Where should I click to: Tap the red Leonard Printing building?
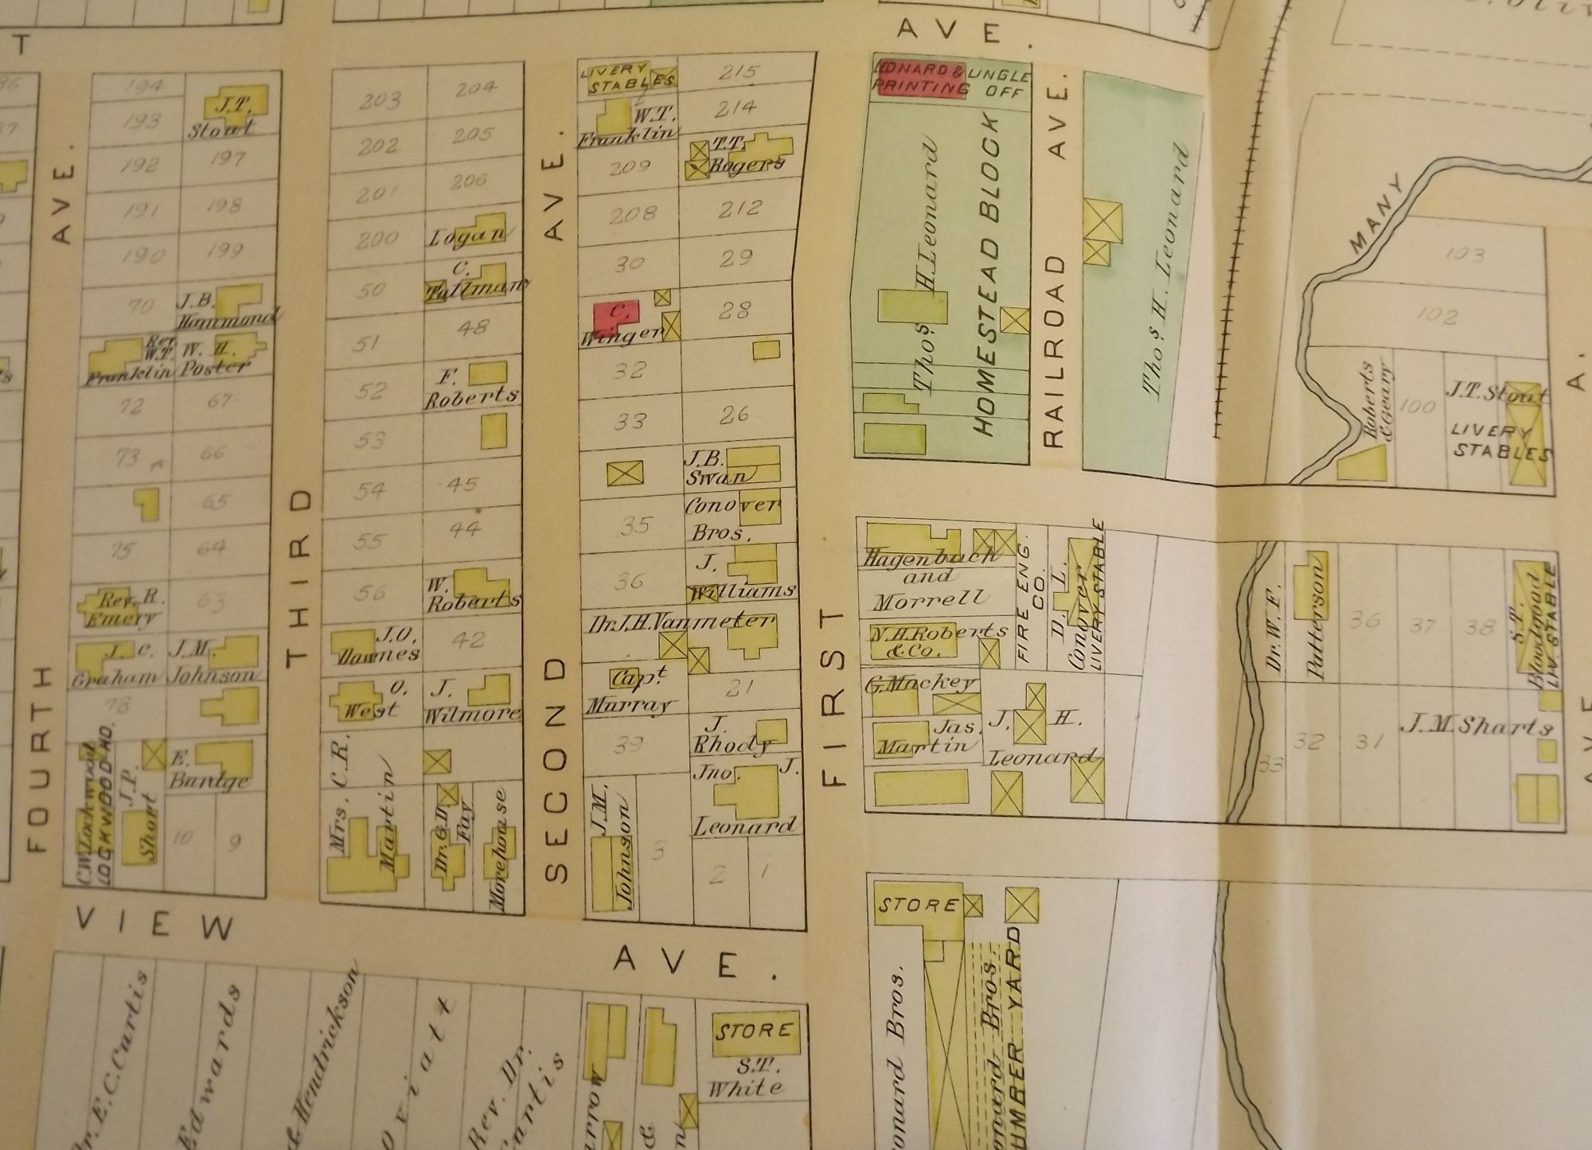[920, 80]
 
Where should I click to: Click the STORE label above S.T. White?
[754, 1032]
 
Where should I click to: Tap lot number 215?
[737, 72]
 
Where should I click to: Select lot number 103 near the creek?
[1465, 255]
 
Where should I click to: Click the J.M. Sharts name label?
[1477, 726]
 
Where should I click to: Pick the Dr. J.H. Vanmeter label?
[681, 622]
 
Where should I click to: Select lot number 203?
[379, 101]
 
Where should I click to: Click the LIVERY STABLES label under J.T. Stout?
[1500, 442]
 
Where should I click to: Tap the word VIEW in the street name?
[155, 924]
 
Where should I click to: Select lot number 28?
[733, 310]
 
